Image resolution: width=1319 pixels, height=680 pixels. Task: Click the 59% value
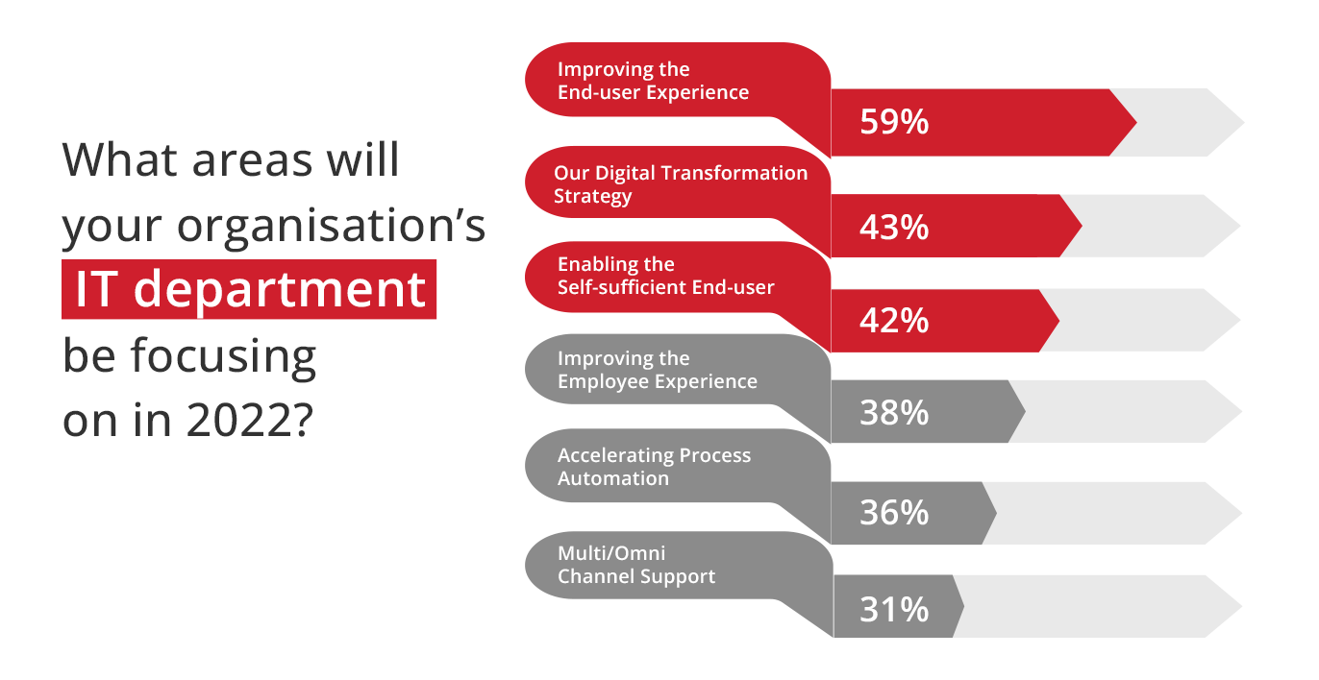pos(894,122)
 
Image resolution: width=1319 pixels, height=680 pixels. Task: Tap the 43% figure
pos(894,227)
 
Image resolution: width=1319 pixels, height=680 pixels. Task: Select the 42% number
pos(894,321)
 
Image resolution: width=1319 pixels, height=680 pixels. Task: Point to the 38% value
pos(894,412)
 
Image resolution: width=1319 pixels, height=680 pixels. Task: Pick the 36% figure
pos(894,512)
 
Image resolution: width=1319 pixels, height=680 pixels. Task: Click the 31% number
pos(894,609)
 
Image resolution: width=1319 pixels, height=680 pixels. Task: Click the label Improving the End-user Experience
pos(653,81)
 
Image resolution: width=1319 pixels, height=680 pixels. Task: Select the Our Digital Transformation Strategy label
pos(681,184)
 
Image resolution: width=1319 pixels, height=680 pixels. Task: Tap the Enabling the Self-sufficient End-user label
pos(665,276)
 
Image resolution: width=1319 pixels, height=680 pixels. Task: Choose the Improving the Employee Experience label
pos(658,370)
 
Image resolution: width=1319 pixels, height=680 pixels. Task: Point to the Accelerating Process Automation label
pos(654,467)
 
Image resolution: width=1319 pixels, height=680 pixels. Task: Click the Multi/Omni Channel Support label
pos(636,565)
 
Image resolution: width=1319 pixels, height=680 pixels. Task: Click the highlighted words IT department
pos(250,289)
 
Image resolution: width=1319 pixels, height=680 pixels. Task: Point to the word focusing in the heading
pos(224,357)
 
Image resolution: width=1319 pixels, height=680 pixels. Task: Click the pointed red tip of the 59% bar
pos(1136,122)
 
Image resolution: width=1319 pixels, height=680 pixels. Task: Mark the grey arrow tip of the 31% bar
pos(963,606)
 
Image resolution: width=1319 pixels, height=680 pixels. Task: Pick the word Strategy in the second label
pos(592,197)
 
